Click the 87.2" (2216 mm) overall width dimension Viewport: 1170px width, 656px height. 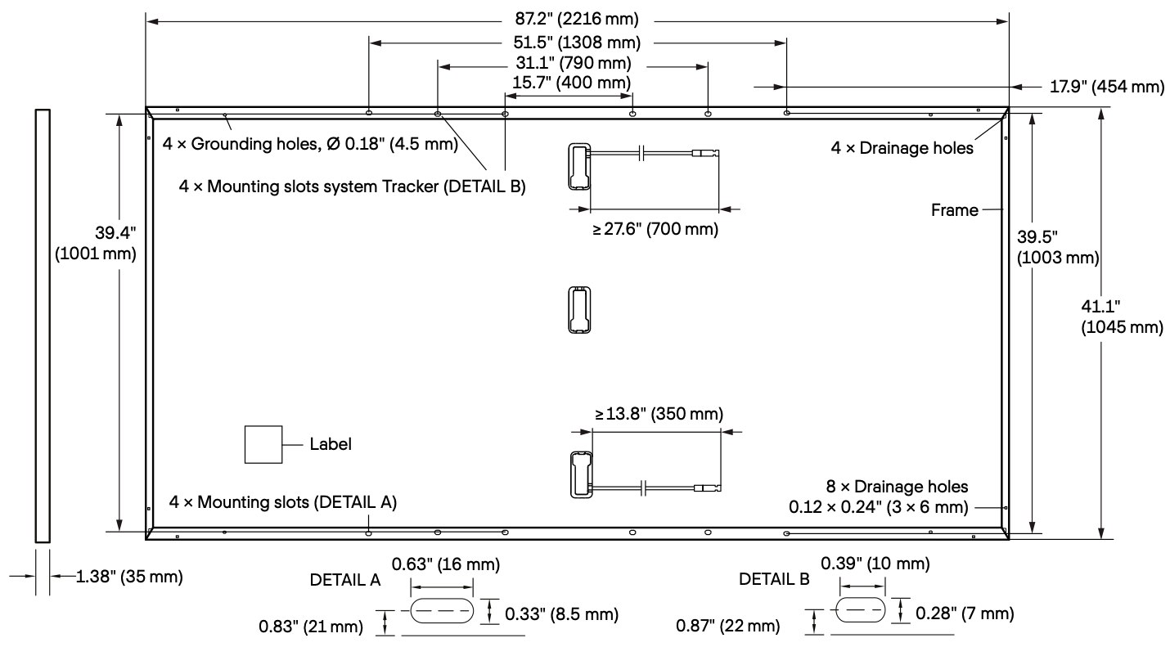click(577, 20)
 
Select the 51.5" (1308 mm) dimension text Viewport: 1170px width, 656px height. click(577, 43)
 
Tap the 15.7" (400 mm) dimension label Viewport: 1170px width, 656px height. click(571, 83)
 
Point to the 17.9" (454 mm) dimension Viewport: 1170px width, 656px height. click(1107, 87)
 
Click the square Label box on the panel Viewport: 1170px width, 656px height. click(263, 444)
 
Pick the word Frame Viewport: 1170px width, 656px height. click(954, 210)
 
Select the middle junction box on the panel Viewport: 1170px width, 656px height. click(579, 310)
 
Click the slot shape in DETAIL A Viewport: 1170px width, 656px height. click(442, 610)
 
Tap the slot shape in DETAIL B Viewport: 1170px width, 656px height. click(860, 610)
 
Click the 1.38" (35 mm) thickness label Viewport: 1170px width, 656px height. click(129, 577)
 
